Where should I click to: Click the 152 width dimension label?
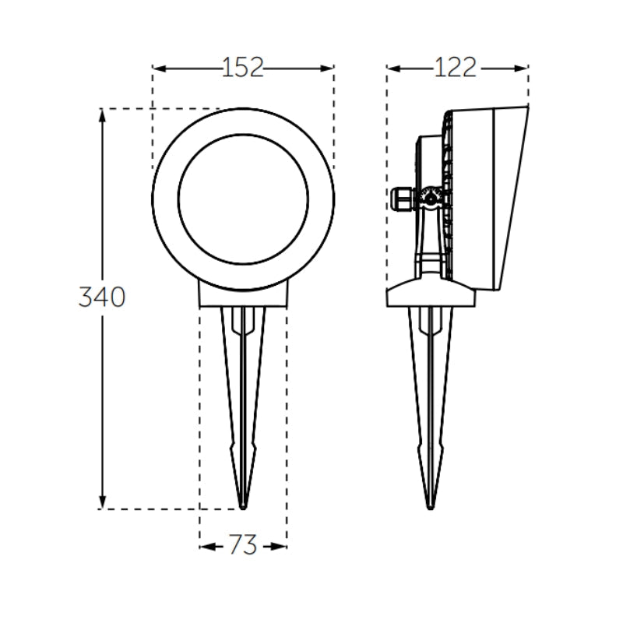[x=243, y=68]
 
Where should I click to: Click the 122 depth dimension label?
[x=455, y=68]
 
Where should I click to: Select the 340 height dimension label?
[x=101, y=297]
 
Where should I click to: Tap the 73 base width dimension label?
[x=243, y=546]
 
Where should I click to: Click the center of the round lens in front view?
[x=243, y=199]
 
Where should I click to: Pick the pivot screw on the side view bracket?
[x=429, y=199]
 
